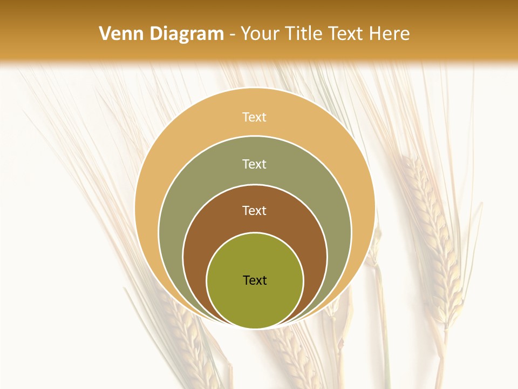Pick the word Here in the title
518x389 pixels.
[x=389, y=34]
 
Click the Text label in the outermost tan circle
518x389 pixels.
[x=255, y=117]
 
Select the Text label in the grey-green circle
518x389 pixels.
[x=255, y=164]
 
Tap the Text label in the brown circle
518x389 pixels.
[x=255, y=210]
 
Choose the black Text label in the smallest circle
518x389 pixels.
[x=255, y=280]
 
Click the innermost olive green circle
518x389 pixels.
[x=255, y=303]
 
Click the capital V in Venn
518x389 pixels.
[x=105, y=34]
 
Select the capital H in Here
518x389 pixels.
[x=376, y=34]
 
